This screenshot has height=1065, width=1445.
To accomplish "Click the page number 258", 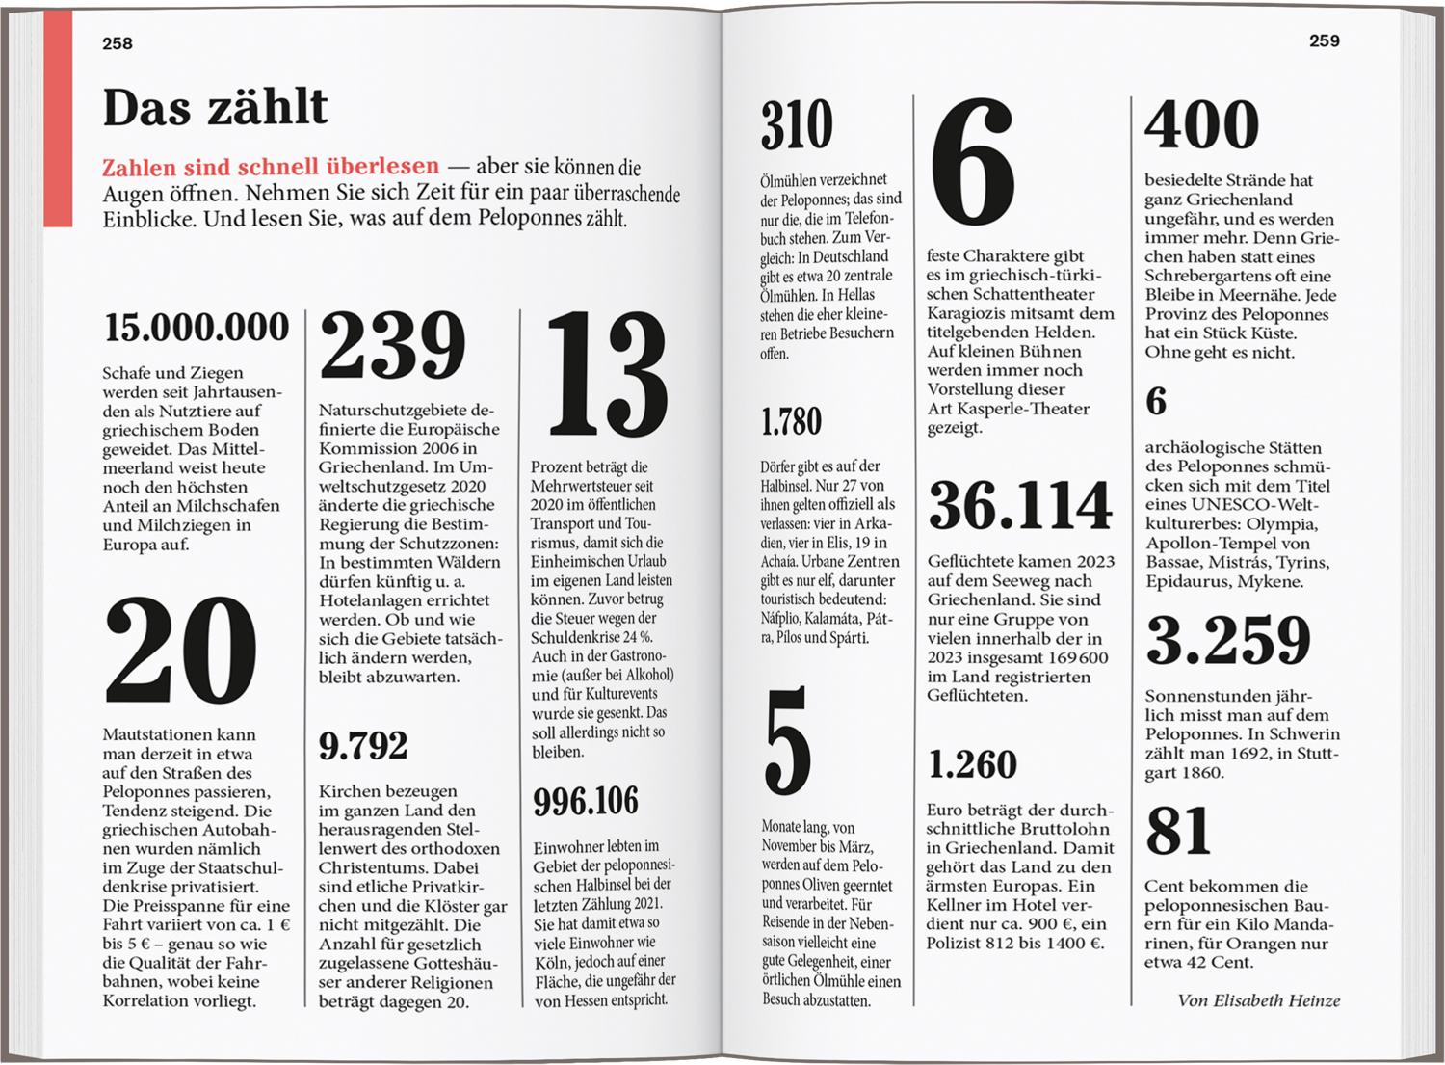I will [x=118, y=43].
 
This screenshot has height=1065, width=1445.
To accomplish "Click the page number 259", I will [x=1324, y=40].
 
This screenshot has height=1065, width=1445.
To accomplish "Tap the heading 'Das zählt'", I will [x=215, y=107].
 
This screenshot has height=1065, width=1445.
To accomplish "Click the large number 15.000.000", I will [x=197, y=328].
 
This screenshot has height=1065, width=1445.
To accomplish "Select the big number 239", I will [x=392, y=346].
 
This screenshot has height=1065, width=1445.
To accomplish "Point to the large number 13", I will [x=606, y=373].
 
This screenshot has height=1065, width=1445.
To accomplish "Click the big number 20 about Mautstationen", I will [x=180, y=651].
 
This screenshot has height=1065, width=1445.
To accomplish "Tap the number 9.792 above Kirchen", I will [x=363, y=745].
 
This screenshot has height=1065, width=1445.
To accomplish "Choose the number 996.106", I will [x=586, y=801].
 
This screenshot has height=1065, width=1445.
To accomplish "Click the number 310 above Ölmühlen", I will [x=797, y=125].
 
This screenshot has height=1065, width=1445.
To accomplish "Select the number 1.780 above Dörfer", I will [x=791, y=421].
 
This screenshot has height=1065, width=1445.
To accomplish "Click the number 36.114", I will [x=1020, y=505].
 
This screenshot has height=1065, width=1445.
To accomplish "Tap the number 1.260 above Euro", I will [x=972, y=764].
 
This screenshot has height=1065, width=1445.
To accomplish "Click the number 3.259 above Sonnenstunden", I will [x=1228, y=639].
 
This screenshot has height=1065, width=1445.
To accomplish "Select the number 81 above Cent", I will [x=1178, y=832].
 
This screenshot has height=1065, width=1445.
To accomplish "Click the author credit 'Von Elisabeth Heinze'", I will [x=1258, y=1000].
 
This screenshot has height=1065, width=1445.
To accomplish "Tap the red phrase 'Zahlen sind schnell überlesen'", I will [x=271, y=167].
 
